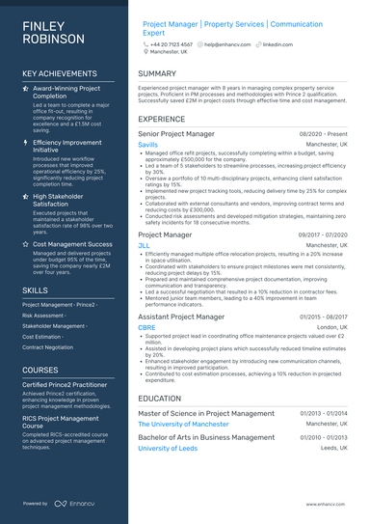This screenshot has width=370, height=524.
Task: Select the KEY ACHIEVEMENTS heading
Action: coord(61,73)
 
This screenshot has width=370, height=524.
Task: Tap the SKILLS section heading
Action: coord(35,290)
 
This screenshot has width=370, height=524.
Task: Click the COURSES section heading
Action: coord(40,370)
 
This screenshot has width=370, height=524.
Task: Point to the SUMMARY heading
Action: coord(157,73)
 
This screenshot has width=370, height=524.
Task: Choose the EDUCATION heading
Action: coord(161,398)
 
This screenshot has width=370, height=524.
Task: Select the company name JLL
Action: coord(145,246)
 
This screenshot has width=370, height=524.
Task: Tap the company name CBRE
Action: coord(147,328)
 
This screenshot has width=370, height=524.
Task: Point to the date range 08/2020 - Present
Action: coord(324,134)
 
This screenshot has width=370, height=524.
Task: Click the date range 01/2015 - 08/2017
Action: coord(323,317)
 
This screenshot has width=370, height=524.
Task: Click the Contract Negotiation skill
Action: coord(47,346)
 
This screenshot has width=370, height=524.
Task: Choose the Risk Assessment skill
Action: coord(43,315)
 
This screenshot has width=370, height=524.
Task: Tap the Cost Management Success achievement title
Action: coord(72,244)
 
